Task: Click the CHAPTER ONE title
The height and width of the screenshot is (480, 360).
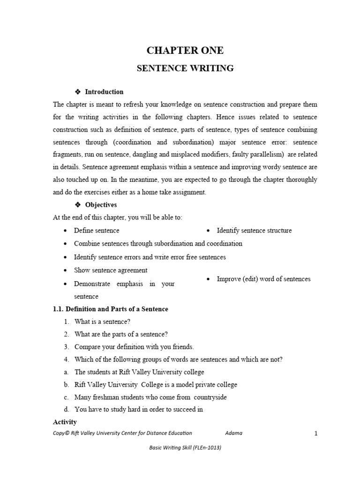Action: pyautogui.click(x=185, y=51)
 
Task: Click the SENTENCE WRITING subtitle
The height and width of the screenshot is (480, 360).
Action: pyautogui.click(x=185, y=68)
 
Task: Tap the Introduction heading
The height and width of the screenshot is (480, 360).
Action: pyautogui.click(x=104, y=92)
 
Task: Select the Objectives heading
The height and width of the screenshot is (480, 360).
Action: pyautogui.click(x=101, y=205)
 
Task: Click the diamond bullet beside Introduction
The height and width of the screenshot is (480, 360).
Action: pyautogui.click(x=78, y=92)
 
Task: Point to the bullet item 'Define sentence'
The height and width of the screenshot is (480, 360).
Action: pyautogui.click(x=97, y=231)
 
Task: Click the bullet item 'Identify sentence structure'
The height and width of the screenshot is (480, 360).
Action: pyautogui.click(x=254, y=231)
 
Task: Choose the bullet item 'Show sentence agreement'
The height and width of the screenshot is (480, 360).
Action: pyautogui.click(x=111, y=270)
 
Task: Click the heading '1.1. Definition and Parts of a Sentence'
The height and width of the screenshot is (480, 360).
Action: pyautogui.click(x=110, y=309)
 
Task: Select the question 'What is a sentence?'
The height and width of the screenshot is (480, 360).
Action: pyautogui.click(x=102, y=322)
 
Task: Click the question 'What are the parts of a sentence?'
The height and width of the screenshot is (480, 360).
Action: pyautogui.click(x=121, y=334)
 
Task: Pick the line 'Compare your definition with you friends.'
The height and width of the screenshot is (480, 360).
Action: pyautogui.click(x=134, y=347)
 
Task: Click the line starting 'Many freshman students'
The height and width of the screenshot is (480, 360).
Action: pyautogui.click(x=143, y=397)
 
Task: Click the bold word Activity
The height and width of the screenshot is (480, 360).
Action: pyautogui.click(x=65, y=422)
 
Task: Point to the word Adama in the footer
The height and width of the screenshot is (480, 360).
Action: pyautogui.click(x=233, y=433)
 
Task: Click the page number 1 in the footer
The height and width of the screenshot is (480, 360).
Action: pyautogui.click(x=316, y=434)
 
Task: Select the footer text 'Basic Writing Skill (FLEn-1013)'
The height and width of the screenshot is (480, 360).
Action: pyautogui.click(x=185, y=448)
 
